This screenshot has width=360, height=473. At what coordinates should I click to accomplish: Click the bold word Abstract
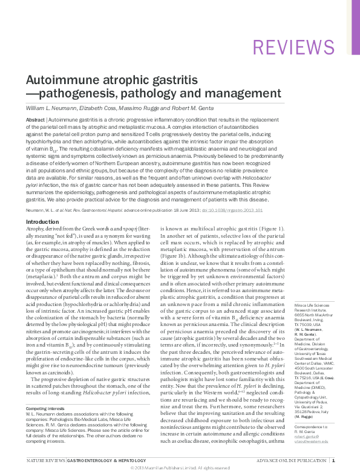pos(35,120)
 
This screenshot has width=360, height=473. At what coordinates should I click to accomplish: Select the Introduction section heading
pos(42,222)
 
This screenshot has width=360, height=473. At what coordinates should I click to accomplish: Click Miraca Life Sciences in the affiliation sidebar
pos(311,307)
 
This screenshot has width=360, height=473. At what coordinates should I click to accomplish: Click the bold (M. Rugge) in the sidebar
pos(304,400)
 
